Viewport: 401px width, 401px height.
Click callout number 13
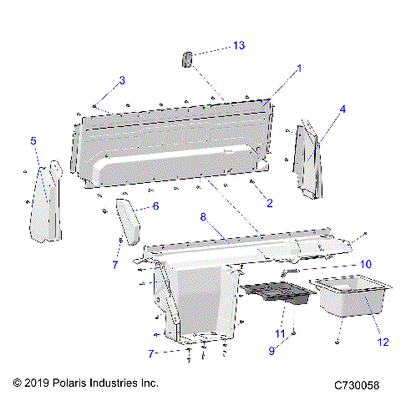point(239,45)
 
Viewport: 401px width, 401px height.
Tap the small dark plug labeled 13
point(188,60)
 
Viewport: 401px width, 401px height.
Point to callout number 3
point(122,80)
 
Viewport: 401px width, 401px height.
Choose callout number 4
point(343,109)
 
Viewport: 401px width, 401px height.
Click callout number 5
point(33,141)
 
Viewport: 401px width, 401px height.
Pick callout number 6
point(155,206)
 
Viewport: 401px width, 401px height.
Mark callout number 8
point(202,217)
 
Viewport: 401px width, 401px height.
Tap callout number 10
point(366,263)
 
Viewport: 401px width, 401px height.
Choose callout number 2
point(269,203)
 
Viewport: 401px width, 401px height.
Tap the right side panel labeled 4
point(306,159)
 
